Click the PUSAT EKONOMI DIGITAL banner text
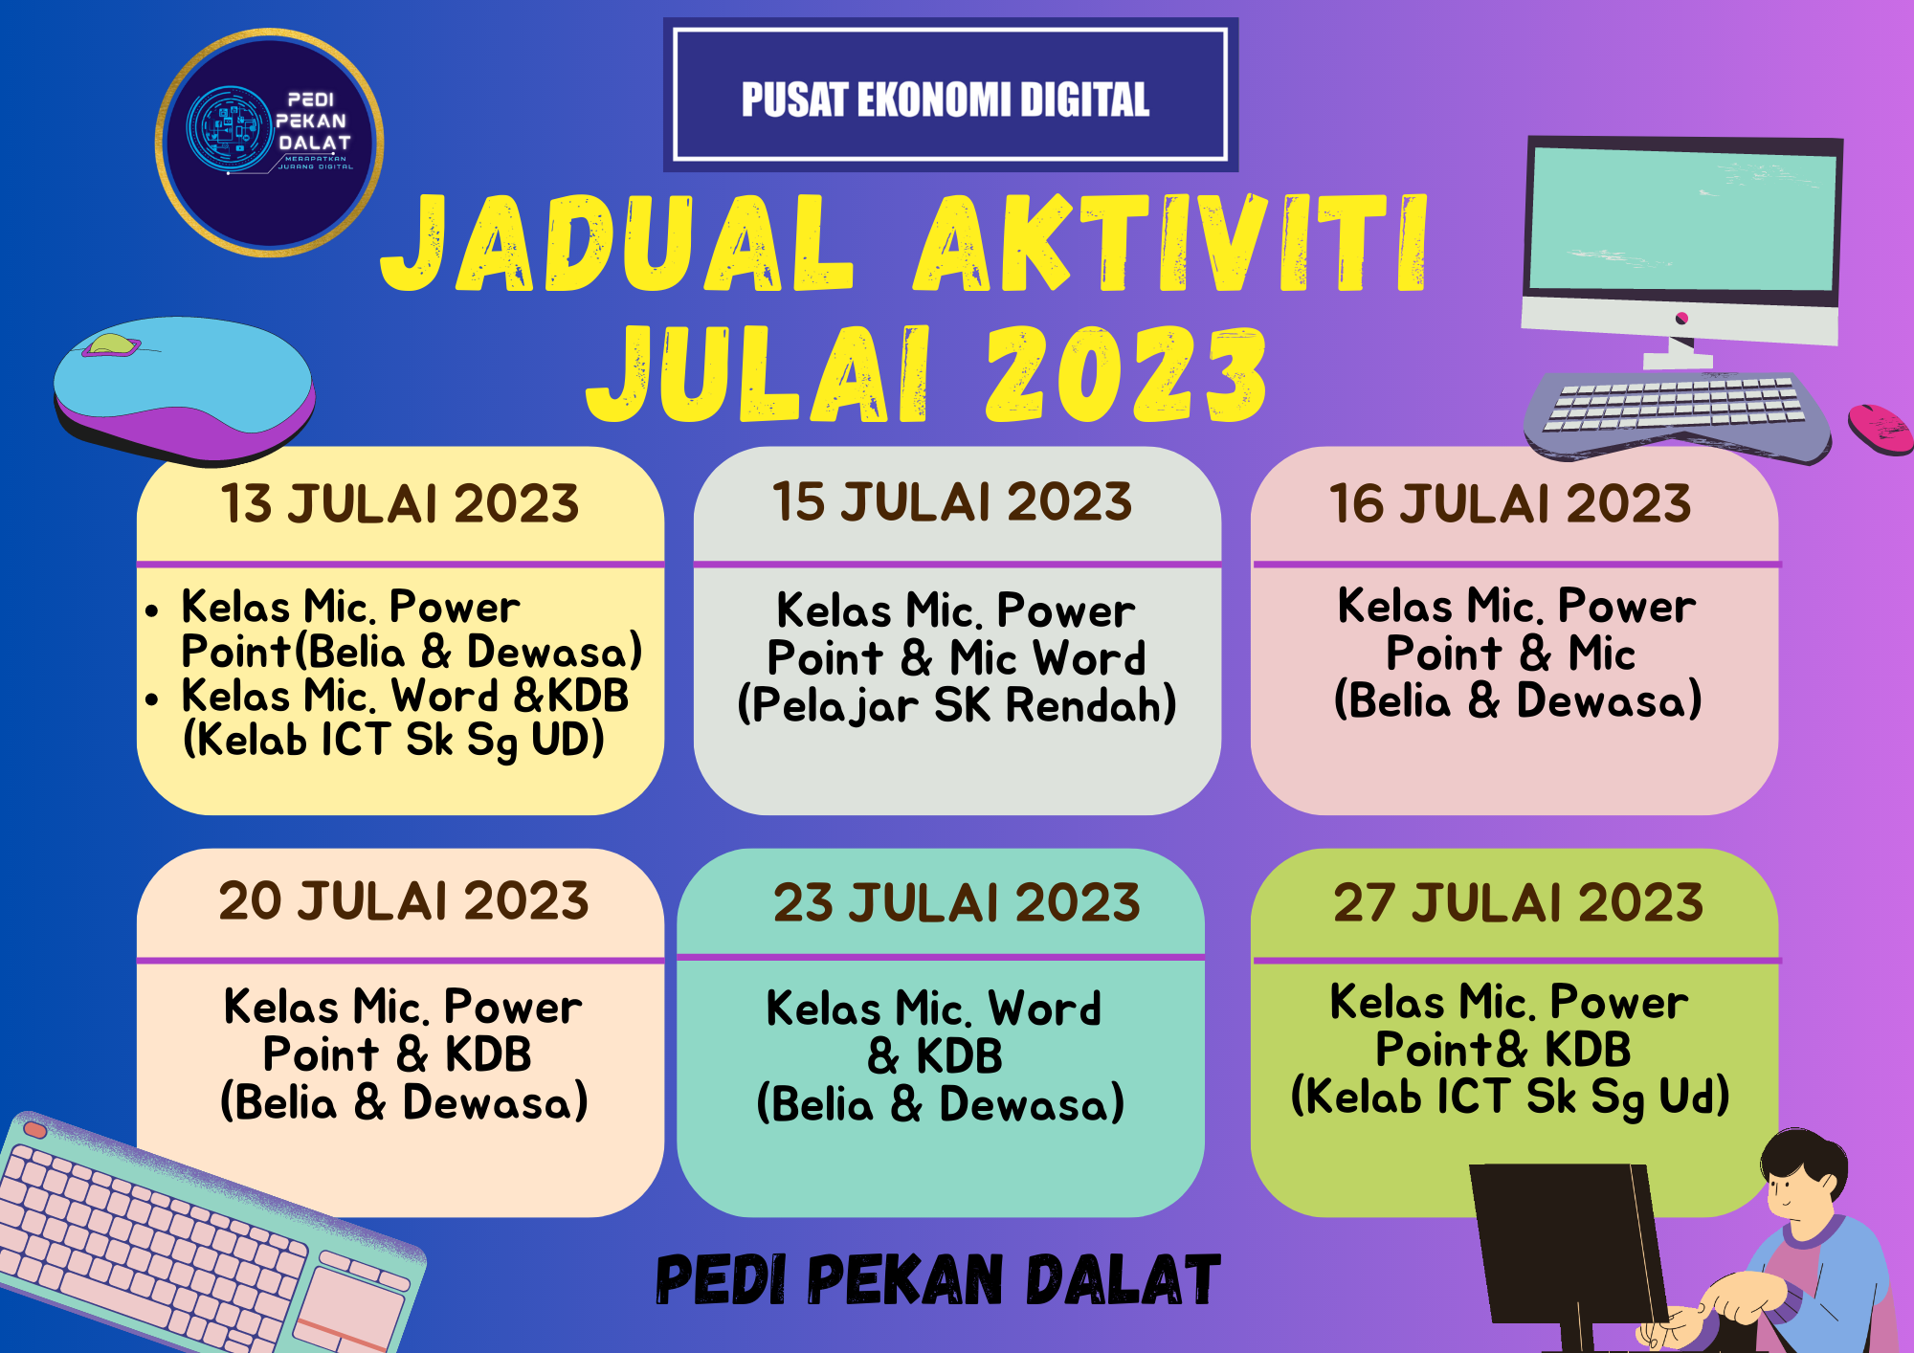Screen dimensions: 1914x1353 (946, 100)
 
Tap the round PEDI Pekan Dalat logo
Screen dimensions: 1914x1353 (270, 143)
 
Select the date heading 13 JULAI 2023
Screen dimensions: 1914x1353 (400, 503)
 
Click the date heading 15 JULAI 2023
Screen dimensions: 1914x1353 (952, 501)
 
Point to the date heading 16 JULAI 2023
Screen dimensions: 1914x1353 (1510, 503)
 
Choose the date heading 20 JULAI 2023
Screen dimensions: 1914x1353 (403, 901)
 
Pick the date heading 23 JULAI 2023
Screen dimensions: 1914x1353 (956, 903)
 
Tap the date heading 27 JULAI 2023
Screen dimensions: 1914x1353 (1518, 902)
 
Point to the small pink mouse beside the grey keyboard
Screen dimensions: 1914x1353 (1880, 429)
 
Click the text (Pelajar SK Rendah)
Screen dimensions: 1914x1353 (957, 706)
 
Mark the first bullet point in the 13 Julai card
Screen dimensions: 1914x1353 (152, 610)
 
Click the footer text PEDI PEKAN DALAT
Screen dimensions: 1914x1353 (938, 1280)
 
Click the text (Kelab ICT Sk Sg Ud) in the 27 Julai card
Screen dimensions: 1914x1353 (1510, 1097)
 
